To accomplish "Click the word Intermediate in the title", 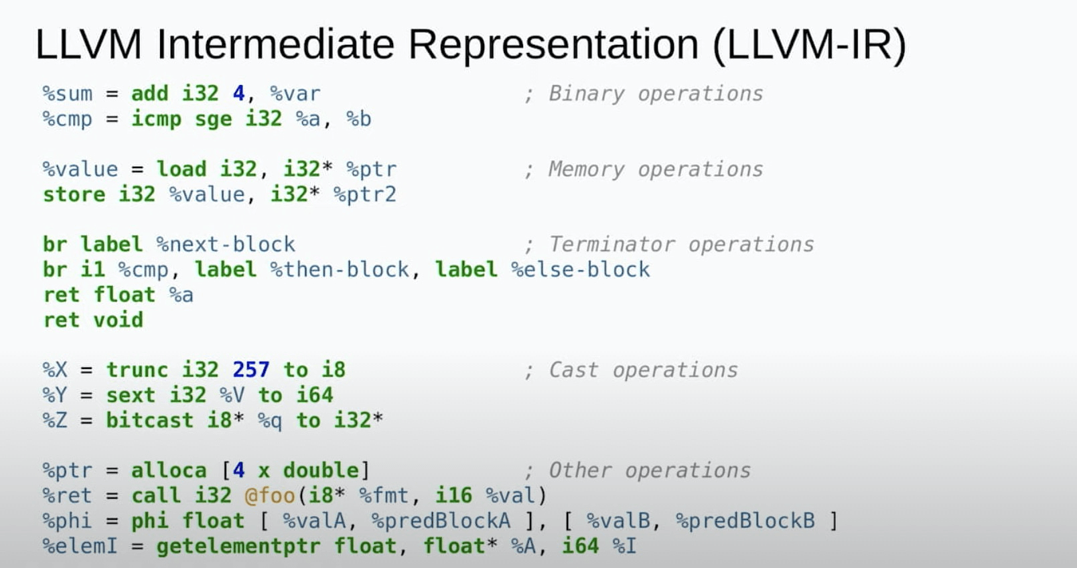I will [275, 45].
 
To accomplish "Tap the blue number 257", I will [250, 369].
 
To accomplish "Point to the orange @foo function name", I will [270, 495].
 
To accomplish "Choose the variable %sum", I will [67, 93].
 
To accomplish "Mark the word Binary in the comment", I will [586, 93].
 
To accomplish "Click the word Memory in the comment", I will [586, 169].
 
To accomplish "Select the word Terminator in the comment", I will [611, 244].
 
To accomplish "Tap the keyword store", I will [74, 194].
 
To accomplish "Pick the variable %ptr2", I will [365, 194].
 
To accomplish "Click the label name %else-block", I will [581, 269].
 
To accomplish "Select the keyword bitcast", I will [149, 420].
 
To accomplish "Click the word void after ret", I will [118, 319].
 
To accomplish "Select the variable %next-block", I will [226, 244].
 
